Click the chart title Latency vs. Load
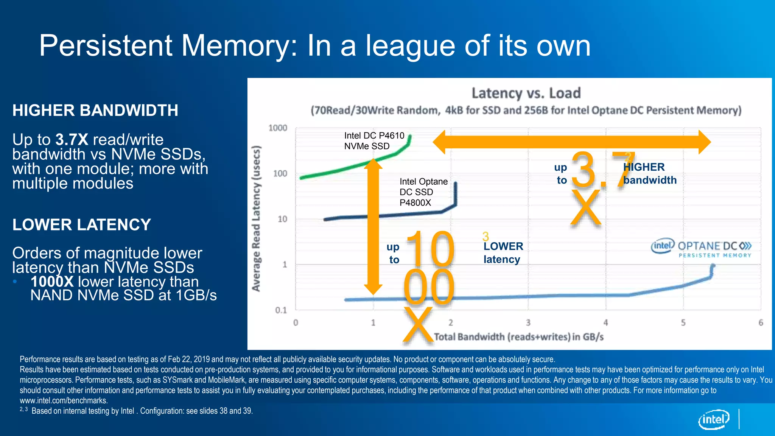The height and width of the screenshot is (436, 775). pos(526,93)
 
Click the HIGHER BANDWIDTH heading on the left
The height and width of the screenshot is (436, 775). pos(95,111)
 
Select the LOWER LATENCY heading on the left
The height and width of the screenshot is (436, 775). pos(81,225)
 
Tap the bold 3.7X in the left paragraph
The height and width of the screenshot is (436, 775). pos(72,140)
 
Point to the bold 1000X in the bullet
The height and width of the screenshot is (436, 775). pos(52,282)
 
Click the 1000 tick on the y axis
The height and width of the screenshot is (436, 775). pos(278,128)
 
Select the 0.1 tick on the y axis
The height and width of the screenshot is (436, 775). pos(281,310)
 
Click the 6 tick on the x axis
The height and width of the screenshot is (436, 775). pos(761,323)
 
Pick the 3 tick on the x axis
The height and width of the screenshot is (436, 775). pos(528,323)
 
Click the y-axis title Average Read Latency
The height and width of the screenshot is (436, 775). pos(256,218)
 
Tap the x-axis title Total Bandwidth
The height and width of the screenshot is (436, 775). pos(518,337)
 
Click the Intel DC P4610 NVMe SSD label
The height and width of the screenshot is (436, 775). pos(374,141)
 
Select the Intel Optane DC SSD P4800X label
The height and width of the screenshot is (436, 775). pos(423,192)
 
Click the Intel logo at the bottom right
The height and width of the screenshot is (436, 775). pos(713,419)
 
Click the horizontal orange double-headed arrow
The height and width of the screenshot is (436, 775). pos(571,142)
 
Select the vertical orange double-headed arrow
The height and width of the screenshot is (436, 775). pos(373,227)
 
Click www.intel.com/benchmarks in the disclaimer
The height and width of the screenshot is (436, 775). pos(64,400)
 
